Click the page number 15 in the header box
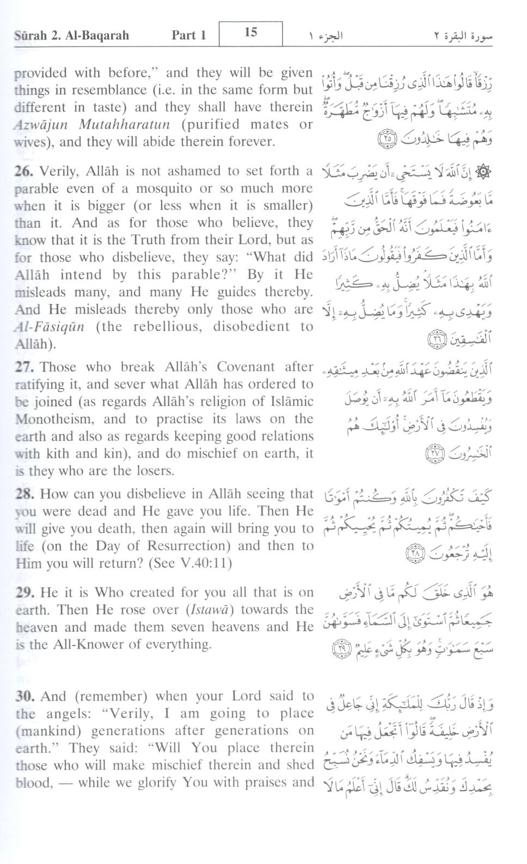[x=250, y=33]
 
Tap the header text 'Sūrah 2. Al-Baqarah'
[x=71, y=36]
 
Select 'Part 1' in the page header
[x=189, y=36]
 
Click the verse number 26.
[x=24, y=172]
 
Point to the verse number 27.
[x=24, y=367]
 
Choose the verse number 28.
[x=24, y=495]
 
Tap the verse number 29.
[x=24, y=593]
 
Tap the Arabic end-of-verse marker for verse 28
[x=414, y=555]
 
